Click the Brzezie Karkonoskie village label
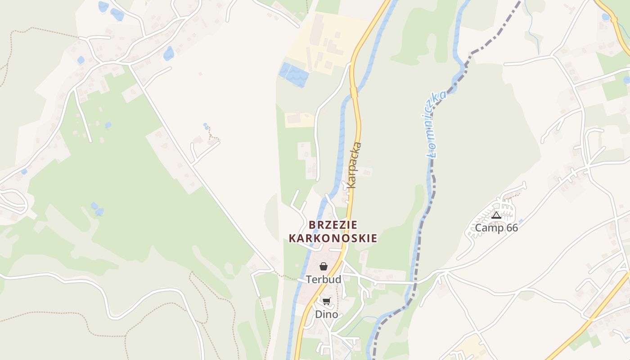(x=333, y=231)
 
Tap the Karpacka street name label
(x=354, y=165)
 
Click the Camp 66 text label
(x=496, y=228)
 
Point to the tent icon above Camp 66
(x=496, y=216)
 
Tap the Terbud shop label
(x=324, y=279)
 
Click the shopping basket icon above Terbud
(x=324, y=267)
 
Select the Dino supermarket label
(x=326, y=315)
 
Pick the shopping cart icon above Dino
(x=326, y=301)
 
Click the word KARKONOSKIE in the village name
(x=333, y=238)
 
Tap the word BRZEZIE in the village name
(x=333, y=225)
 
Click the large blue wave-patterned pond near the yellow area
(x=294, y=75)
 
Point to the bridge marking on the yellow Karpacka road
(x=354, y=93)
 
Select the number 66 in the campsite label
(x=512, y=228)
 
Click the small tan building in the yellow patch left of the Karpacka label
(x=295, y=119)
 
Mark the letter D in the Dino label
(x=318, y=315)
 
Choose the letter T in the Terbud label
(x=309, y=279)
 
